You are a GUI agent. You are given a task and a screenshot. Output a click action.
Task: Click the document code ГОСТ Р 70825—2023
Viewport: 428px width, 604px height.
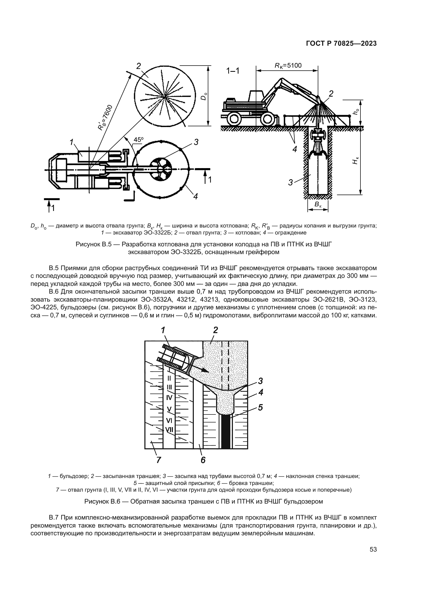click(341, 44)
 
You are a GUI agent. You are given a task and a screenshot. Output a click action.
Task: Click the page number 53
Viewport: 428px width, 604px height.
click(373, 549)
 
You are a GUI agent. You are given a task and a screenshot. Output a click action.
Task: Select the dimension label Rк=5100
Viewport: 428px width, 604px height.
click(288, 66)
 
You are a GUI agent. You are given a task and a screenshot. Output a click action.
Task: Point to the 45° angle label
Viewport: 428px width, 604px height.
click(138, 140)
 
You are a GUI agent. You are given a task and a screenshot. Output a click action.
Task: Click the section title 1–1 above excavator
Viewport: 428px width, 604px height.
click(233, 71)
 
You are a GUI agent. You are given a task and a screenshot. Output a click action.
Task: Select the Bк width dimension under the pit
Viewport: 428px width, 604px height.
click(318, 205)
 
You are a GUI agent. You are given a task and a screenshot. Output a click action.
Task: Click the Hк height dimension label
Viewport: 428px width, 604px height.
click(356, 160)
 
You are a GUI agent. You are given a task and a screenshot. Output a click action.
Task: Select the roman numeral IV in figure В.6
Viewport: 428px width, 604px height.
click(169, 397)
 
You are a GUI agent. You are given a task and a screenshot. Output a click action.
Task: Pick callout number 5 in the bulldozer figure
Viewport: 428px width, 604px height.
click(260, 407)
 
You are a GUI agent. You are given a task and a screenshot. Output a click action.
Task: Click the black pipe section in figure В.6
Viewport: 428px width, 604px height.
click(226, 432)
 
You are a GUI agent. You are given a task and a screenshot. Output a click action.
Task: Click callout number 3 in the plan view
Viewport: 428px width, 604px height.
click(196, 142)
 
